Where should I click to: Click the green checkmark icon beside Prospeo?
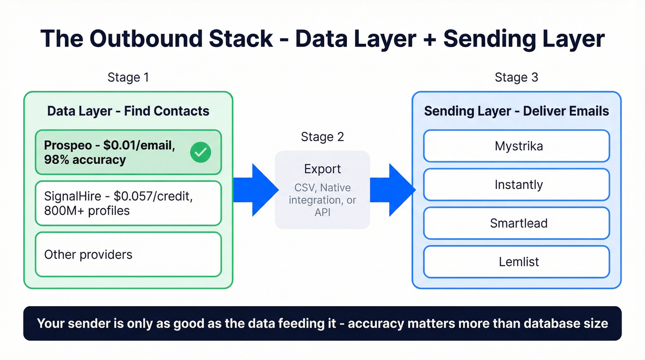(x=200, y=152)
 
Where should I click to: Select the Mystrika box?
(x=516, y=146)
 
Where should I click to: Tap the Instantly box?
(x=516, y=185)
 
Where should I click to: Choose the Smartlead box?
(x=516, y=224)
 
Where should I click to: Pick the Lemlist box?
(x=516, y=262)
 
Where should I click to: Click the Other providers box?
(x=128, y=254)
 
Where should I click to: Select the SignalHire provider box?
(x=128, y=203)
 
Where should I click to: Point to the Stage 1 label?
(x=128, y=77)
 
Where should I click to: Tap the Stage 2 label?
(x=322, y=137)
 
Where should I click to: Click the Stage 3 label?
(x=516, y=77)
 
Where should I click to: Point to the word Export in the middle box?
(x=322, y=169)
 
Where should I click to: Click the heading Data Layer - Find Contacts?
(x=128, y=111)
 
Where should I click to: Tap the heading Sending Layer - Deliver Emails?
(x=516, y=111)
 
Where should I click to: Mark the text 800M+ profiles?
(x=87, y=211)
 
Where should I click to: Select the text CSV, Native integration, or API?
(x=322, y=200)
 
